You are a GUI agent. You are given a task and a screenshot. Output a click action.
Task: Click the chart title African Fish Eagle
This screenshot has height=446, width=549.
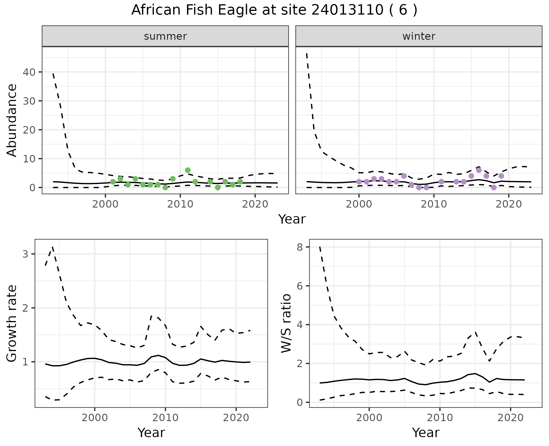click(274, 10)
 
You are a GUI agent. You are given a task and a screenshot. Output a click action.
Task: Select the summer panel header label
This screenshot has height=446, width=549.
click(165, 36)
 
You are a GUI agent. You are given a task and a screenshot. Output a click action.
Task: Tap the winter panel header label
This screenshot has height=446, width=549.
click(419, 36)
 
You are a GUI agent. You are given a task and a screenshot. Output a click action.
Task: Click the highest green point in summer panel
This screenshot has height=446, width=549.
click(188, 170)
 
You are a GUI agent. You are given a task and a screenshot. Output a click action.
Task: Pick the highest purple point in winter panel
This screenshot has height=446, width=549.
click(479, 170)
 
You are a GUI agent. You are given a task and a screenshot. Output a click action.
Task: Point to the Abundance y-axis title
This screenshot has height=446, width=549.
click(12, 120)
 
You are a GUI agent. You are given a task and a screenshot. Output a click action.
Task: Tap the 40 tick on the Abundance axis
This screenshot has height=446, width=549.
click(29, 72)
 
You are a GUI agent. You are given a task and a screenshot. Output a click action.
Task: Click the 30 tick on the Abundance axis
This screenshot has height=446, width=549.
click(29, 101)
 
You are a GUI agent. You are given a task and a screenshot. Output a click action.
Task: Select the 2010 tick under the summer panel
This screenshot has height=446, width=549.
click(180, 204)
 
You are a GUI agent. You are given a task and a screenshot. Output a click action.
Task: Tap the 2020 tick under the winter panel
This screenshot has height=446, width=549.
click(509, 204)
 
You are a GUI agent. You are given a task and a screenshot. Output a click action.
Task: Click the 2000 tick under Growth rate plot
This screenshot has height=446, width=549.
click(95, 418)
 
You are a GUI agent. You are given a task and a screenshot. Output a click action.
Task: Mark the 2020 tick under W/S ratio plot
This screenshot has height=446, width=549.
click(510, 418)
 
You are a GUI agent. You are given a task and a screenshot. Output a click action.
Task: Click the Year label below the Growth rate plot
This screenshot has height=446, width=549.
click(151, 433)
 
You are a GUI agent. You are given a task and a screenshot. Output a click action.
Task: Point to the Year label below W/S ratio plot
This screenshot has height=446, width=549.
click(425, 433)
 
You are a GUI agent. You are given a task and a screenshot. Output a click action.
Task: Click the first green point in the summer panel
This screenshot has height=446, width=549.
click(113, 182)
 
